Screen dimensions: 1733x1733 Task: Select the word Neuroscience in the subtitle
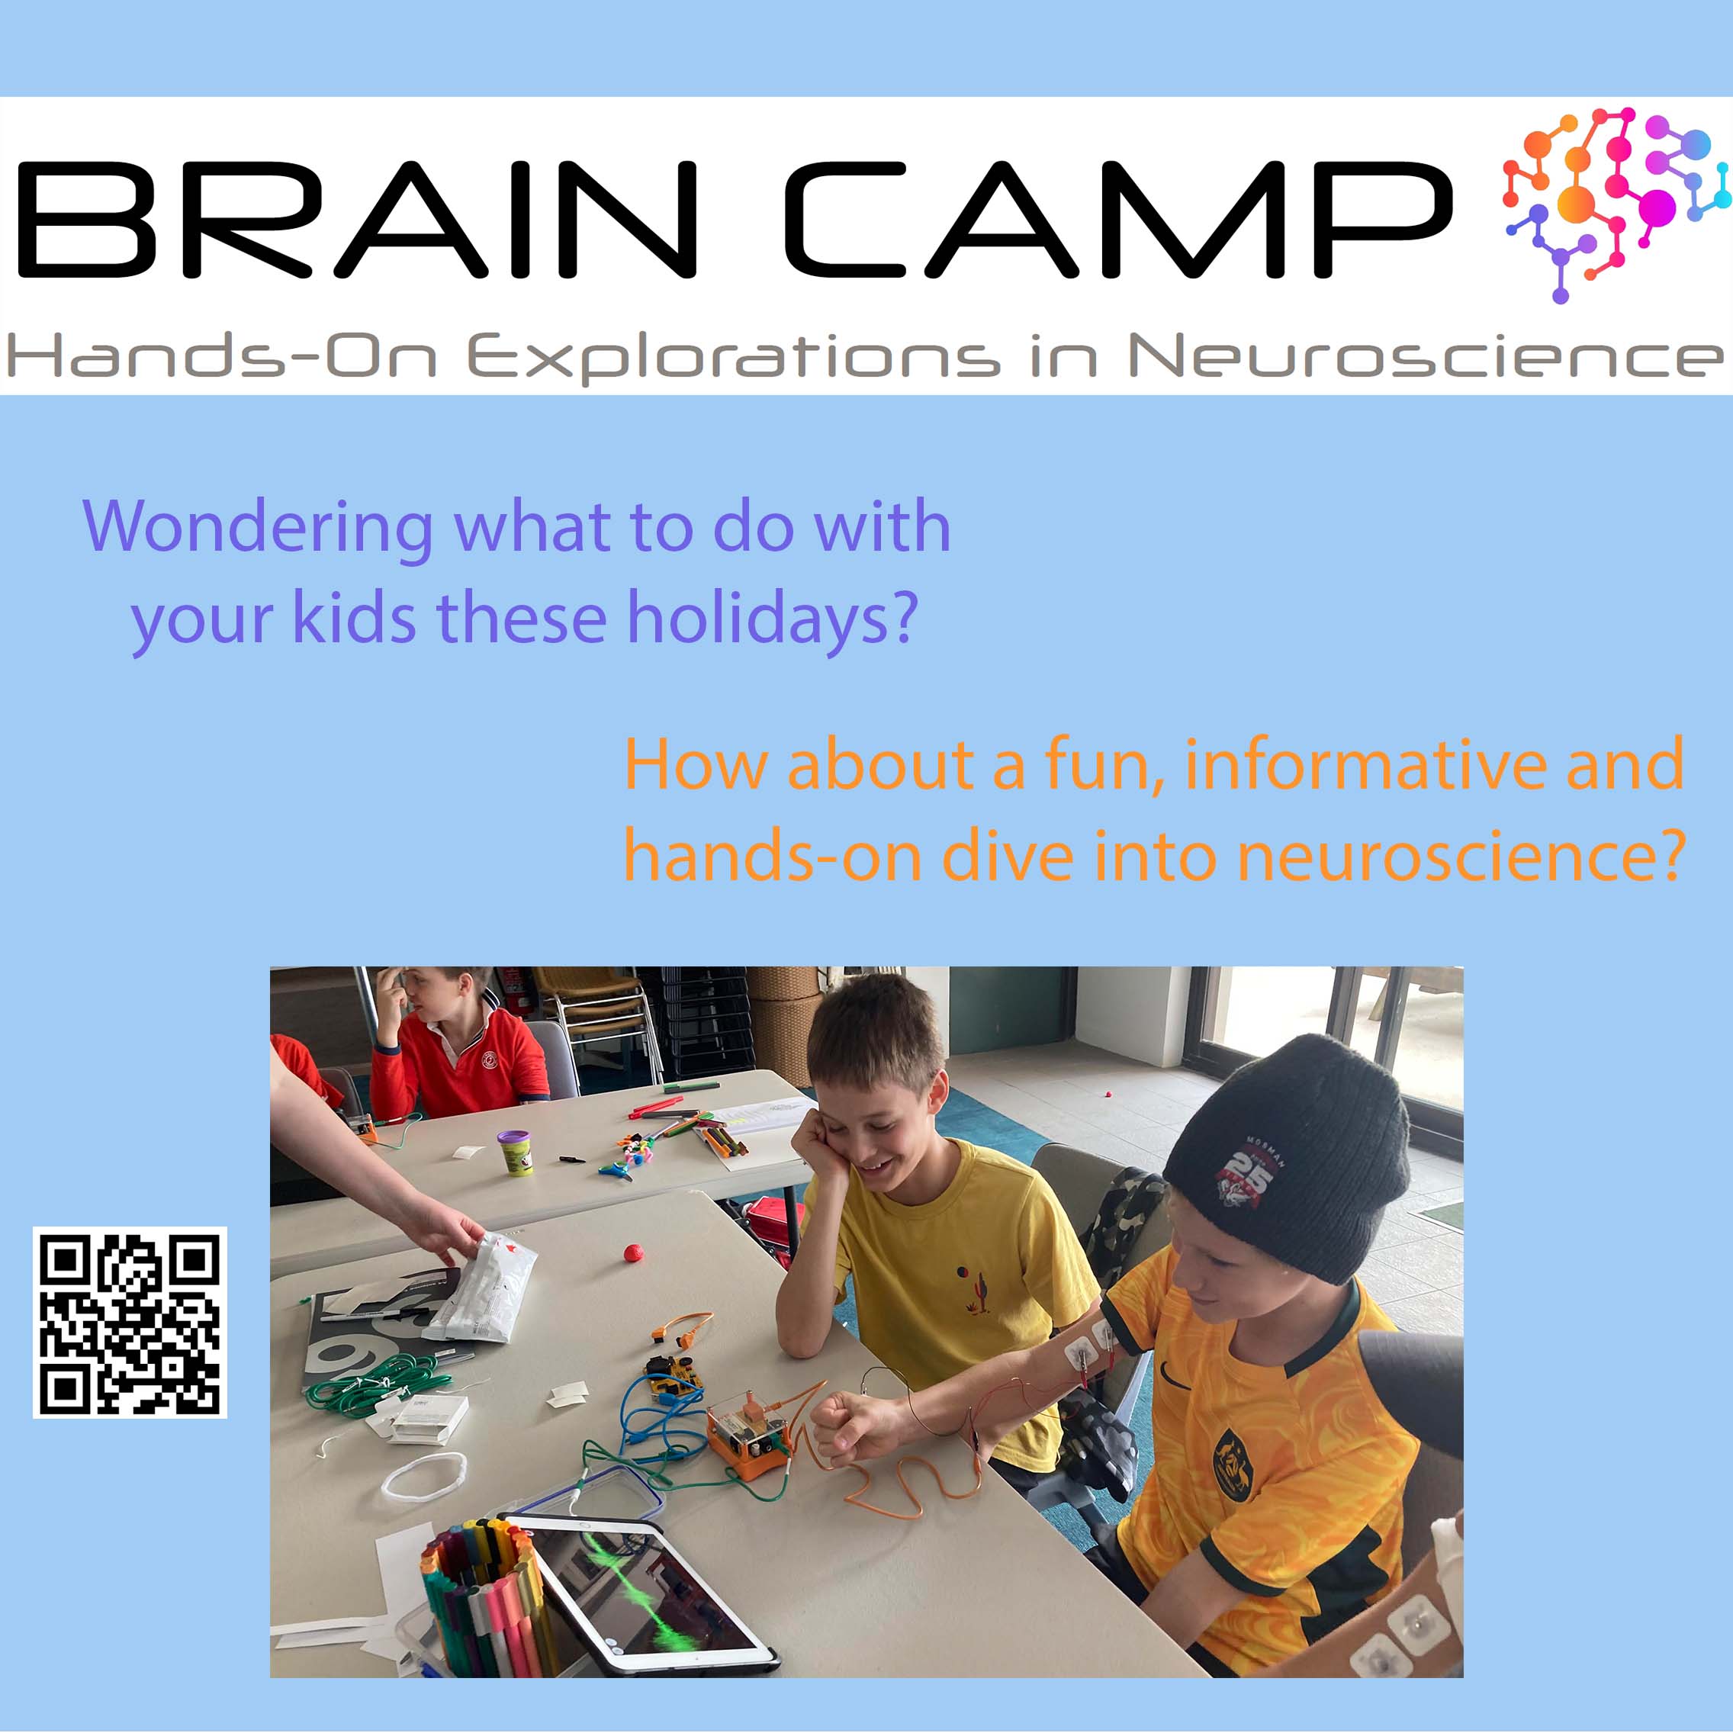(1426, 356)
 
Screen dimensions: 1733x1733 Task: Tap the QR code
(130, 1323)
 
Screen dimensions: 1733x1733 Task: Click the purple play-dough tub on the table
(515, 1152)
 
